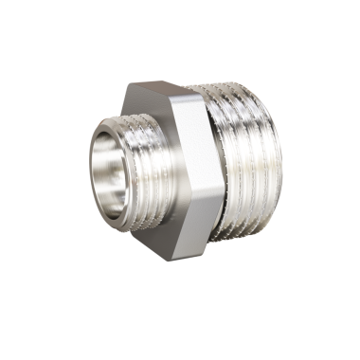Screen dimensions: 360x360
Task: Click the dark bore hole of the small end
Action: click(x=112, y=171)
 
